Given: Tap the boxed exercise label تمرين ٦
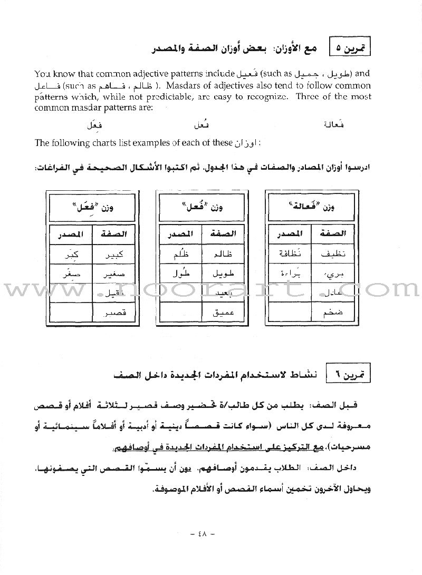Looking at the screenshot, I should point(349,375).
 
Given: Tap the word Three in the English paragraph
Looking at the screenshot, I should point(312,96).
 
